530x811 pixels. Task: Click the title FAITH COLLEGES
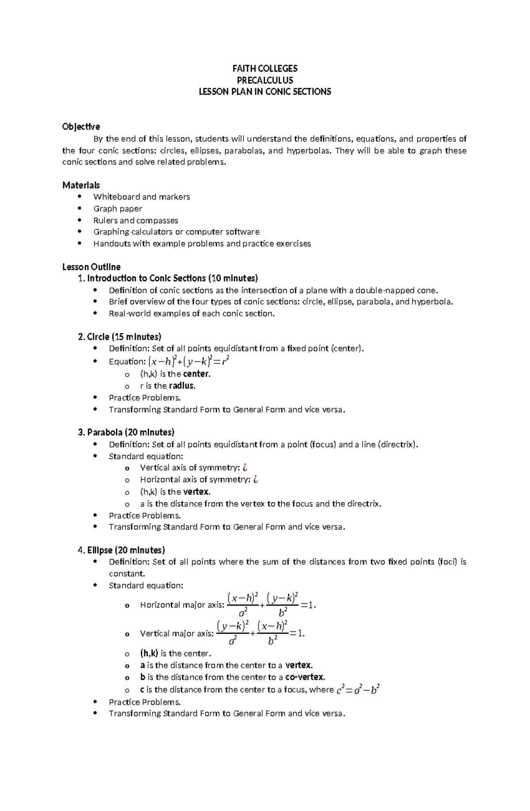[x=265, y=69]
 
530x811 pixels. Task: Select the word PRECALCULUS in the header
[x=265, y=80]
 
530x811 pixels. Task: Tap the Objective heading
[x=81, y=127]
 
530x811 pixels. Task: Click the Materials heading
[x=81, y=185]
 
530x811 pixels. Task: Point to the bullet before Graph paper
[x=79, y=209]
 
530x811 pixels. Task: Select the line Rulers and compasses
[x=136, y=220]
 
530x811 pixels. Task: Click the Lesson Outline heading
[x=91, y=267]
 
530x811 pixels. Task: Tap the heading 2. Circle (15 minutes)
[x=119, y=337]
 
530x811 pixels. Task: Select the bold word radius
[x=182, y=385]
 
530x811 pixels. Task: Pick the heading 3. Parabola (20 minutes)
[x=126, y=432]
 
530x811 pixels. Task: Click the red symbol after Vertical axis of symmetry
[x=245, y=468]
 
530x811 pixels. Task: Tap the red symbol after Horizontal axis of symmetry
[x=255, y=480]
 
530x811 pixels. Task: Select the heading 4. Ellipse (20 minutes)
[x=121, y=550]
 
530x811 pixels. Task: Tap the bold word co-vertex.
[x=305, y=677]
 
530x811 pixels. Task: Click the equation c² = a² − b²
[x=358, y=689]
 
